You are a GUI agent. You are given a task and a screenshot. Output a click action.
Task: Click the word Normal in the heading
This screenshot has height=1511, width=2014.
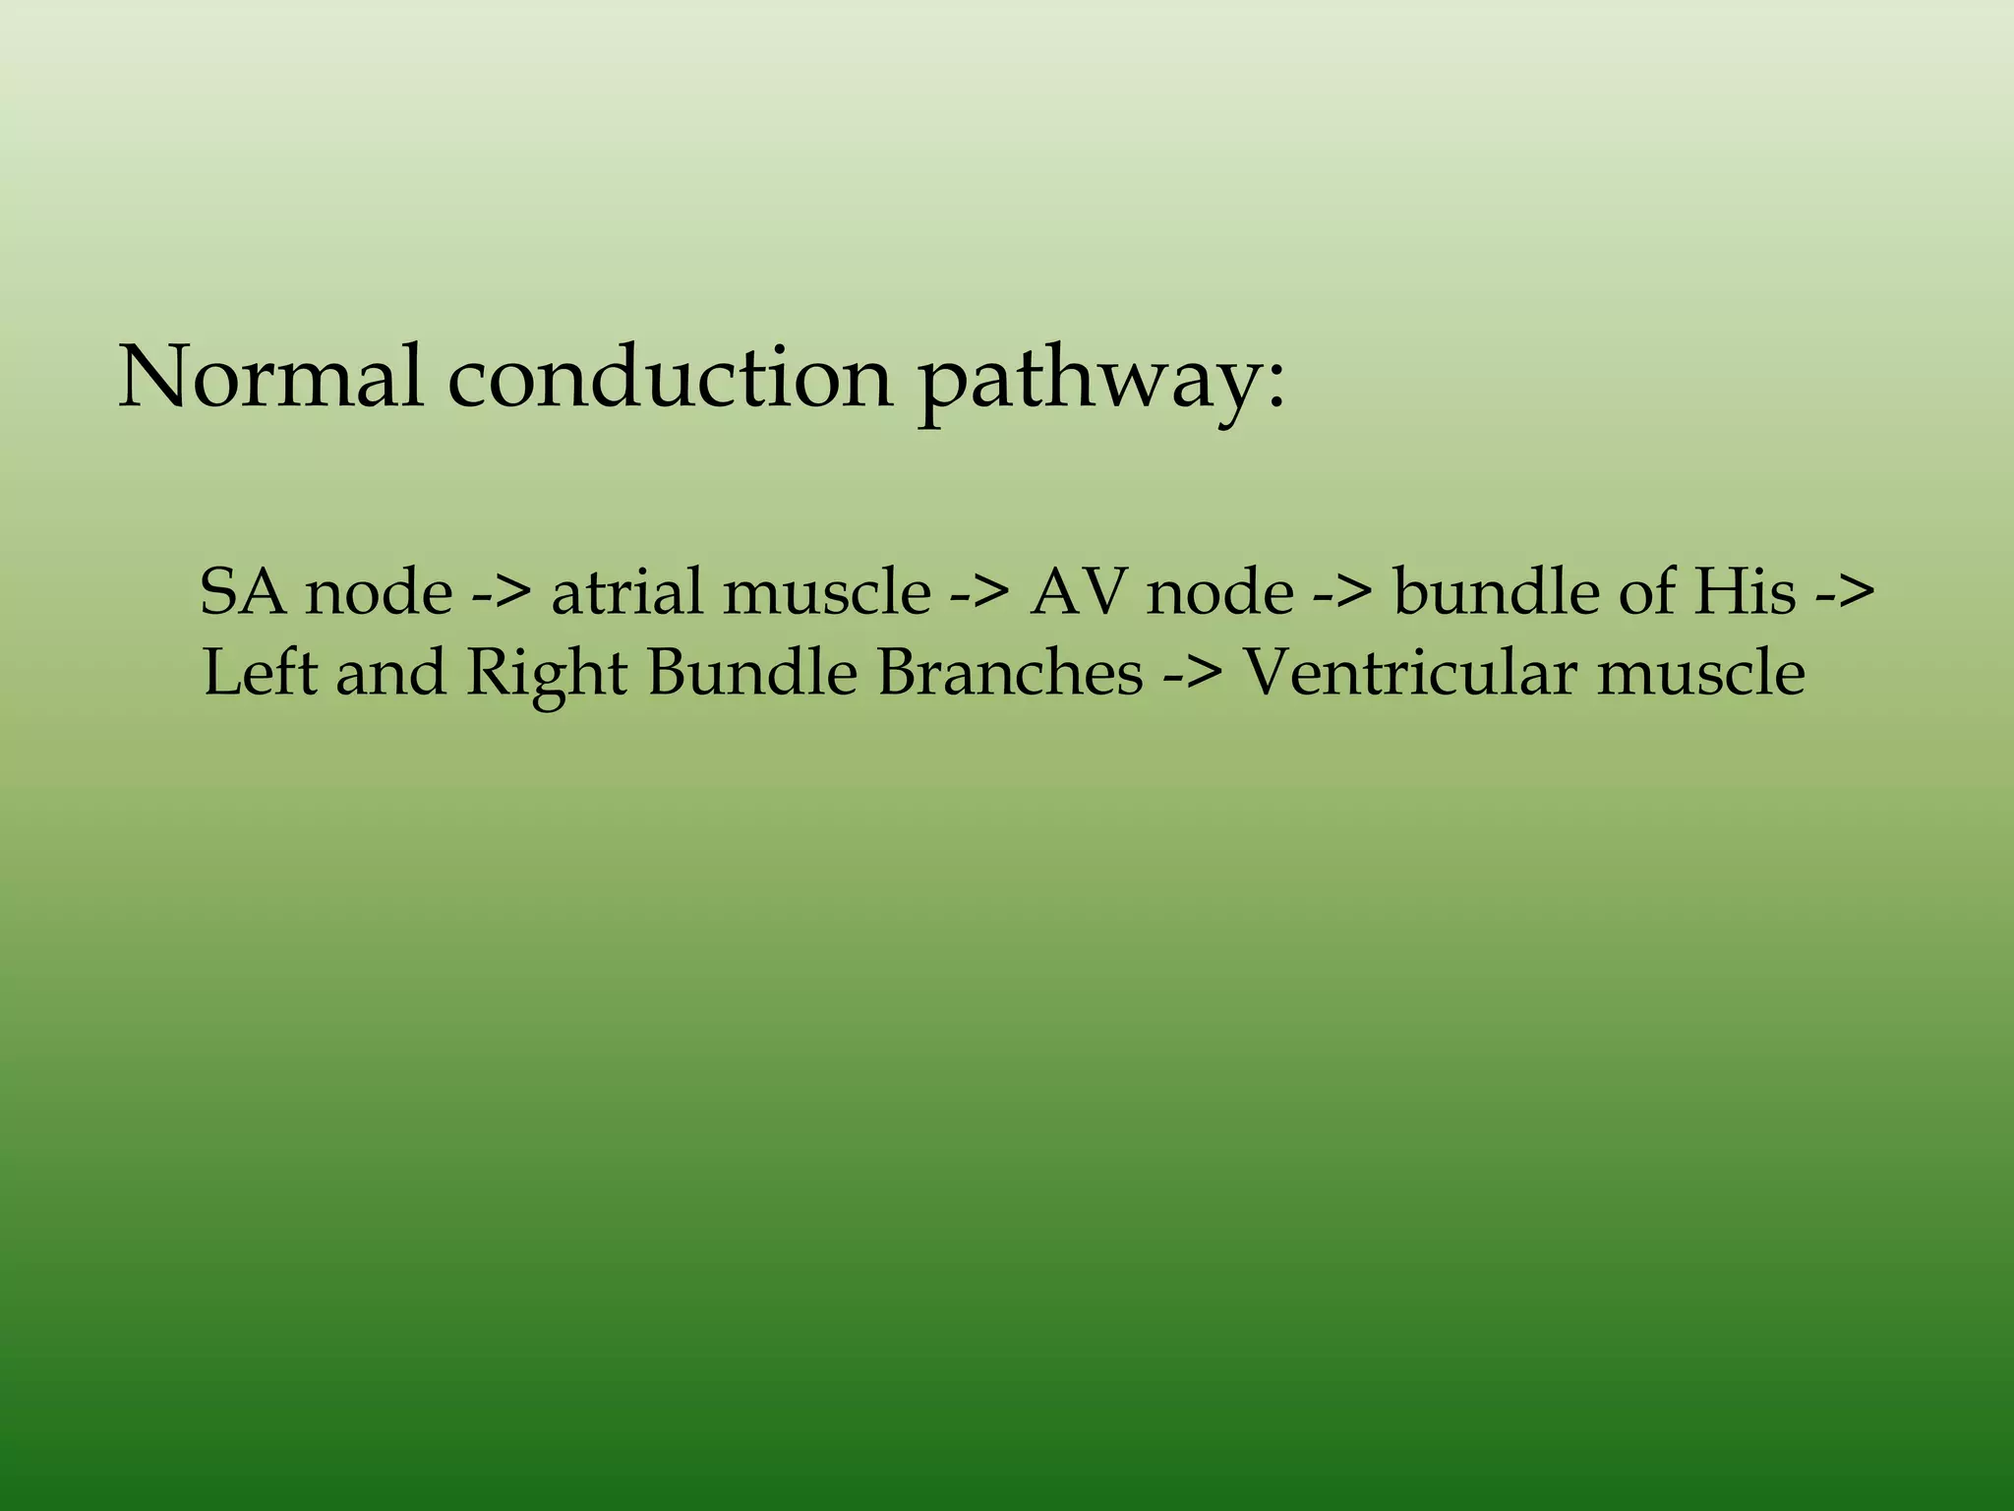click(271, 378)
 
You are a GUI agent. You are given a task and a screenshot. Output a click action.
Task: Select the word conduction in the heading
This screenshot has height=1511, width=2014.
click(670, 378)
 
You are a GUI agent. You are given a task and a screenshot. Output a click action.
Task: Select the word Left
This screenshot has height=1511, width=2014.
click(260, 673)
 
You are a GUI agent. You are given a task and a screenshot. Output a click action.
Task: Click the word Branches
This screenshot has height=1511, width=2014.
click(1010, 673)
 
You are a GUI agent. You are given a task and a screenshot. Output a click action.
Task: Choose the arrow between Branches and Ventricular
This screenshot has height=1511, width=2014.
click(1192, 675)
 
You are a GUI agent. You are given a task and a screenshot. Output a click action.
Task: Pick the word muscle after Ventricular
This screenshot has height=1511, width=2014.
click(1701, 673)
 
